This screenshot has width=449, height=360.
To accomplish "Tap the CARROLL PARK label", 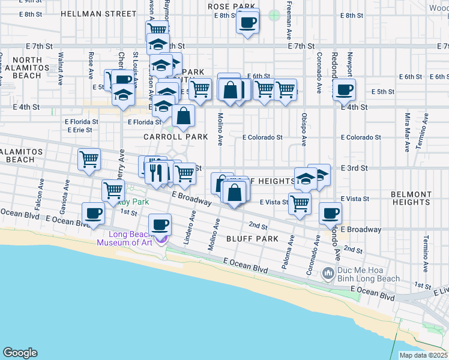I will [175, 137].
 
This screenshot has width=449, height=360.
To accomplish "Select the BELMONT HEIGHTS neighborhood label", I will [411, 199].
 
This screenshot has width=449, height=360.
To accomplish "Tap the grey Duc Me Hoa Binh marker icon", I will [328, 274].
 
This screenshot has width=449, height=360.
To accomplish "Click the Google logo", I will [20, 352].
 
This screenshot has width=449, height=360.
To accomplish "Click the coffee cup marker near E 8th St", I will [247, 23].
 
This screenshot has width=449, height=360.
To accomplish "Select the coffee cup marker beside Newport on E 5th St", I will [344, 89].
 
